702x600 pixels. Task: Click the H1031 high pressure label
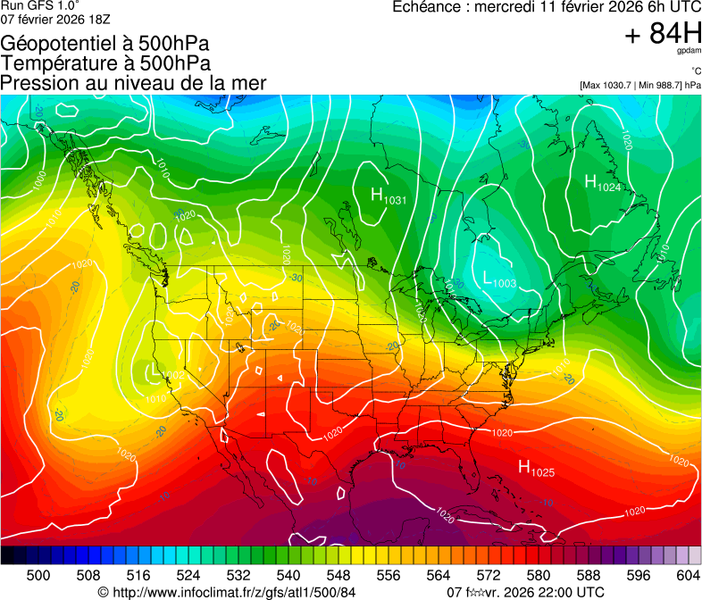[388, 196]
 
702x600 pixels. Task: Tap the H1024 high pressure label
[602, 183]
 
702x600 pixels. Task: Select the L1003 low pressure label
[498, 279]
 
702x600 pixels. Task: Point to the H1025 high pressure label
[537, 468]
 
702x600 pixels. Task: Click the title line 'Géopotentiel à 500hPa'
[105, 44]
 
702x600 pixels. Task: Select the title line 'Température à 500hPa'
[105, 63]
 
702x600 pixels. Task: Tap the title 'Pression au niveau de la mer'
[133, 83]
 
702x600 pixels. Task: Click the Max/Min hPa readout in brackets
[639, 85]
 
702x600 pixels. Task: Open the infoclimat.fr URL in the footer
[227, 592]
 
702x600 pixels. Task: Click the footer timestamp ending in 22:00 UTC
[524, 592]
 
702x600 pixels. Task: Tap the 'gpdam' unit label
[689, 51]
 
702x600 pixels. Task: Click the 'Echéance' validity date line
[547, 7]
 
